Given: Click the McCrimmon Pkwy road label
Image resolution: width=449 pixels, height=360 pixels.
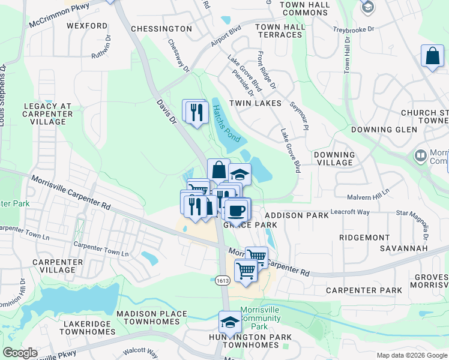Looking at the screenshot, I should (59, 16).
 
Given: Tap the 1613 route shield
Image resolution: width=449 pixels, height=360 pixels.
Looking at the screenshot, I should (221, 280).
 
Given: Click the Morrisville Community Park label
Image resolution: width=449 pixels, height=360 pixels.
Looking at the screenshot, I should (259, 318).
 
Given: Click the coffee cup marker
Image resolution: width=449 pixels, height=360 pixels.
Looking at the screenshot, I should (237, 210).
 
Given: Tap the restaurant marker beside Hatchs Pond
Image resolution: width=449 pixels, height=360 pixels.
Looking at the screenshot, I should (196, 112).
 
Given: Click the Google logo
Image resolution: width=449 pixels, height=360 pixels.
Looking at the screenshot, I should (20, 353).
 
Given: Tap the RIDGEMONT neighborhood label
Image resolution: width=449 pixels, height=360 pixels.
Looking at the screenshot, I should (364, 238).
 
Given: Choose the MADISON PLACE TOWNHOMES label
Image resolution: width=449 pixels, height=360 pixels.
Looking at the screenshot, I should (152, 318).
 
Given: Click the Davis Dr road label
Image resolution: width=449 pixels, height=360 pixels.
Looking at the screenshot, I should (165, 112).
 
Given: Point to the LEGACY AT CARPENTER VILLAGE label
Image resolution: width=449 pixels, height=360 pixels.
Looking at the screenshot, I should (48, 114).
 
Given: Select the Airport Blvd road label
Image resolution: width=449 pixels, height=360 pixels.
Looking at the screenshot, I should (225, 40).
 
